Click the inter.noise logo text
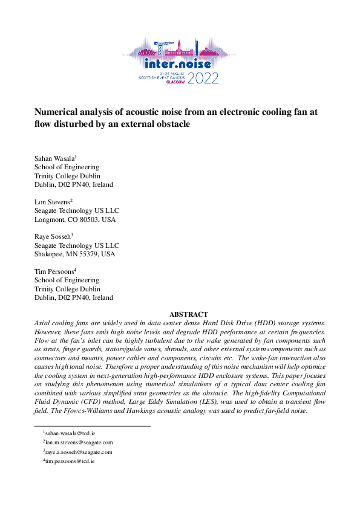click(x=178, y=63)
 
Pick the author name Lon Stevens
click(x=52, y=202)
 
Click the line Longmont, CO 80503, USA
click(x=74, y=219)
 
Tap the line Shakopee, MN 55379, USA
click(x=74, y=254)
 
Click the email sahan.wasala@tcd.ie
click(x=70, y=433)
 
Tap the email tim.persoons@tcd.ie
click(x=70, y=461)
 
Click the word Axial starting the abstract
click(x=44, y=324)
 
